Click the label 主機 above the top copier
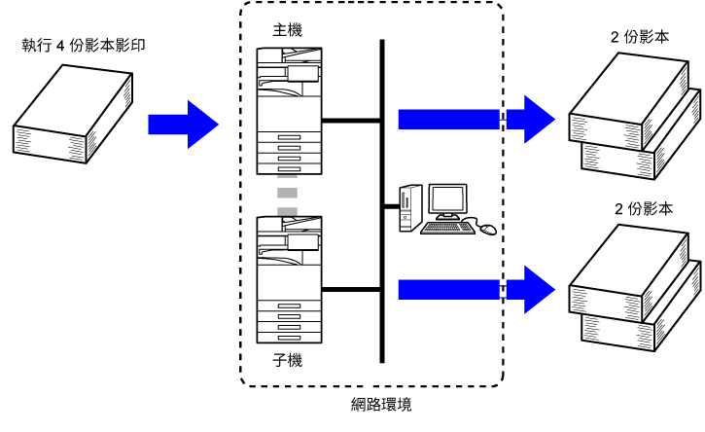point(287,30)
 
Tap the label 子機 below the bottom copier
point(287,360)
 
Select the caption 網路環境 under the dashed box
point(381,404)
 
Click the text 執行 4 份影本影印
point(84,46)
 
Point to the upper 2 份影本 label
point(640,37)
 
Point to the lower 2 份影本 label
point(644,209)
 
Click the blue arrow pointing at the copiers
point(184,125)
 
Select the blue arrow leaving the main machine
point(476,120)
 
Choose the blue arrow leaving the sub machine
point(476,290)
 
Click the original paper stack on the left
point(73,114)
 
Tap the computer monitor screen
point(447,198)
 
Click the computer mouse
point(488,229)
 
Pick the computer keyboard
point(447,228)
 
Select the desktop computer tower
point(410,208)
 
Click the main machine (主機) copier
point(289,111)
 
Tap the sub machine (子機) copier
point(289,279)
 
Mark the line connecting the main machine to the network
point(352,121)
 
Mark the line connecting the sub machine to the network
point(352,290)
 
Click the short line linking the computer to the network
point(392,206)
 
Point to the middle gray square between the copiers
point(287,193)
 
